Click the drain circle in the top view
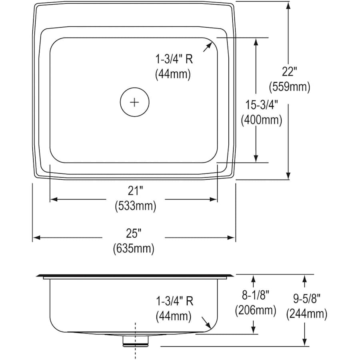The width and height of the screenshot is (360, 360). click(x=134, y=102)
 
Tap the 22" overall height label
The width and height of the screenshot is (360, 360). click(x=289, y=72)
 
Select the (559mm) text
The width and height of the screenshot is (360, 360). click(x=290, y=87)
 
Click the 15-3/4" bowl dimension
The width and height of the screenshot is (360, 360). click(x=262, y=105)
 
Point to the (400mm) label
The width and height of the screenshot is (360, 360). click(x=262, y=120)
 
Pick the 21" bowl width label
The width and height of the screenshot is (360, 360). click(x=135, y=191)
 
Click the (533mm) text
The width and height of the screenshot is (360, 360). click(x=136, y=206)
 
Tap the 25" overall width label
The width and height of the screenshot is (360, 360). click(x=134, y=234)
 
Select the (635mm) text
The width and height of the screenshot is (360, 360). click(x=134, y=248)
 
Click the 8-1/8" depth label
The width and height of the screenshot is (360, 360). click(x=255, y=295)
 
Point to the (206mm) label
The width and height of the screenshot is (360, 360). click(x=255, y=310)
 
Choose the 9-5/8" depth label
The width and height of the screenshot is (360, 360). click(x=307, y=299)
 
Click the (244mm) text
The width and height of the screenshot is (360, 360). click(x=307, y=314)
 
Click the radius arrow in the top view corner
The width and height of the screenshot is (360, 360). click(x=207, y=47)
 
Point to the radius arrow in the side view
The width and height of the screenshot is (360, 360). click(x=206, y=322)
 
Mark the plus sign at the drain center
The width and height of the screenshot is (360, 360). click(x=134, y=102)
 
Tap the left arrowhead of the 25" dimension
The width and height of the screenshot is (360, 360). click(x=37, y=237)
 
